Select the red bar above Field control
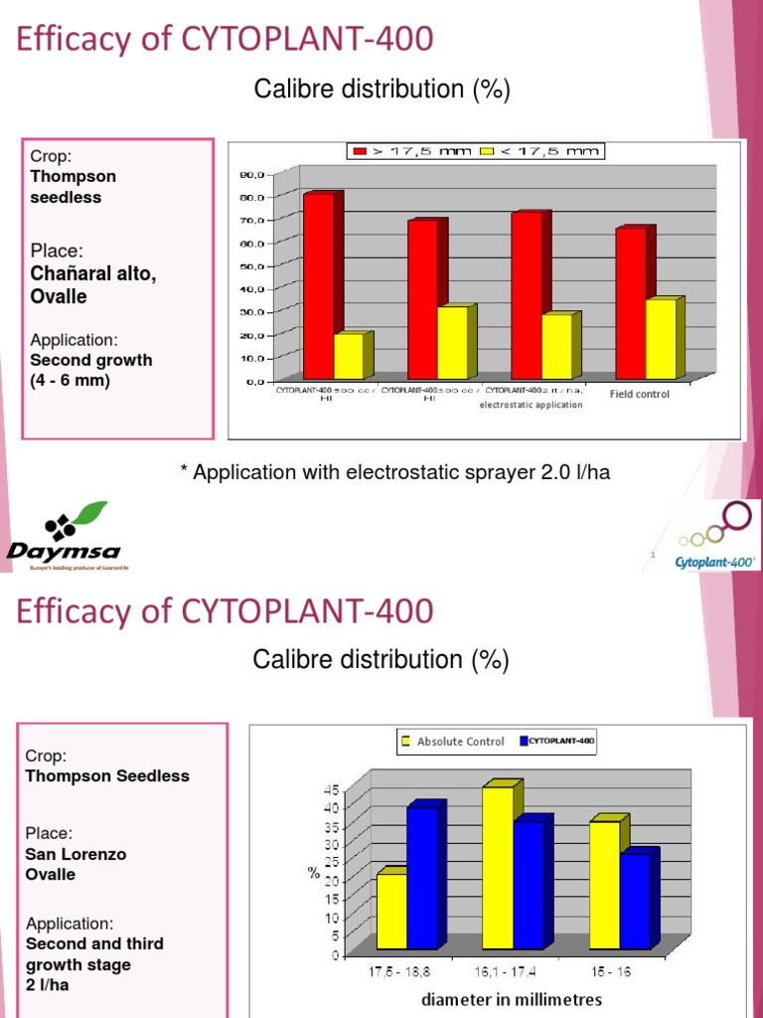(632, 303)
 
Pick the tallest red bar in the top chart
(319, 285)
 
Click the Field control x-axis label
(639, 395)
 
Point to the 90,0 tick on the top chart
(252, 174)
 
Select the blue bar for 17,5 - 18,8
(422, 878)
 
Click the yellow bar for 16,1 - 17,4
(498, 867)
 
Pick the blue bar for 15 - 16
(635, 901)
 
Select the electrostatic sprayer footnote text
(394, 472)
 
